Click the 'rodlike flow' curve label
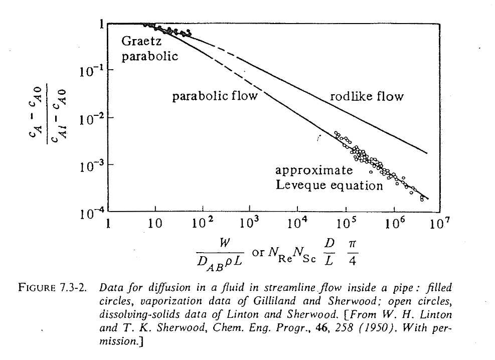pyautogui.click(x=366, y=96)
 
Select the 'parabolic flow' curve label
pyautogui.click(x=215, y=96)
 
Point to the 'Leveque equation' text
pyautogui.click(x=328, y=186)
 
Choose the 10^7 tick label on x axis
pyautogui.click(x=436, y=222)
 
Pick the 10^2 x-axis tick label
pyautogui.click(x=202, y=222)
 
